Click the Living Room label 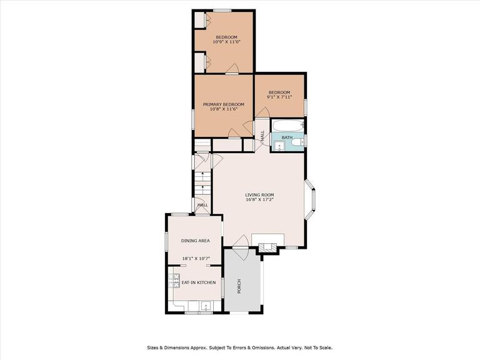(x=259, y=195)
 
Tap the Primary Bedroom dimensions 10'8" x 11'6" (x=224, y=109)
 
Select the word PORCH (x=239, y=286)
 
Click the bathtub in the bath (x=287, y=126)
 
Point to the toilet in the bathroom (x=297, y=142)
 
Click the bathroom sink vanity (x=280, y=146)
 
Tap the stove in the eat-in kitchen (x=173, y=281)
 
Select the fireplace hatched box (x=267, y=247)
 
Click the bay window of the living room (x=310, y=199)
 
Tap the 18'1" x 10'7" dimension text (x=194, y=258)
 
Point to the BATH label (x=287, y=137)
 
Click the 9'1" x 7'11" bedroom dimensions (x=279, y=97)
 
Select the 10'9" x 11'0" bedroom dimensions (x=226, y=42)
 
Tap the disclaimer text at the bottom (x=240, y=347)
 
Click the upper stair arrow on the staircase (x=202, y=175)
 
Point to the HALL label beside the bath (x=262, y=136)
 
